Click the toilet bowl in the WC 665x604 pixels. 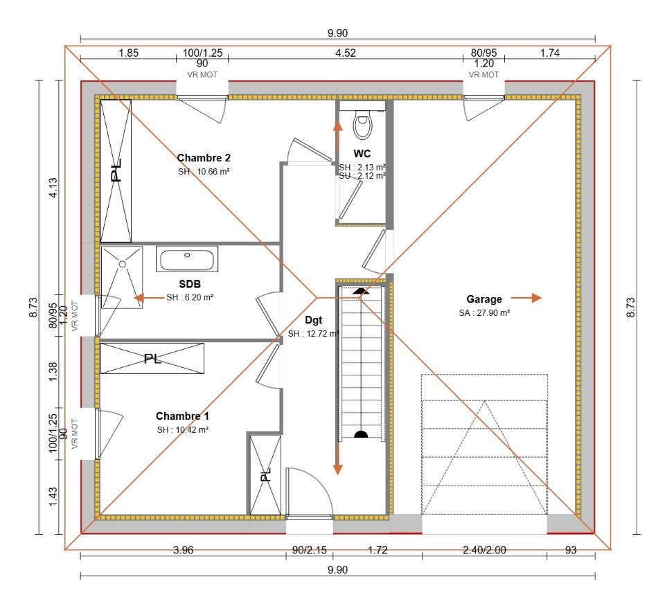[x=362, y=125]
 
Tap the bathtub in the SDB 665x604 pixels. [x=187, y=259]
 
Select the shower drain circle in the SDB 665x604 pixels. [x=122, y=264]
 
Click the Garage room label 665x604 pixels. [x=484, y=299]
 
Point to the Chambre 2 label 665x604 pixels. [x=204, y=158]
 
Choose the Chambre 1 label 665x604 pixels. [x=182, y=416]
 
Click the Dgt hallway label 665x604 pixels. [x=313, y=320]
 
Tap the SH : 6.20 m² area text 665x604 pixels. [x=190, y=297]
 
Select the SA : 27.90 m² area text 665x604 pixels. [x=484, y=313]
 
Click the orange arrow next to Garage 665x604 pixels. [x=526, y=298]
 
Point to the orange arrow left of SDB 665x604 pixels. [x=150, y=298]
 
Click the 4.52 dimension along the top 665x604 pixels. [x=345, y=53]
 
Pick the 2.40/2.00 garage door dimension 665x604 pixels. [x=484, y=550]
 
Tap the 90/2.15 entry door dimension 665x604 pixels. [x=309, y=550]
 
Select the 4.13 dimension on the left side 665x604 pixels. [x=53, y=188]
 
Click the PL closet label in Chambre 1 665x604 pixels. [x=152, y=359]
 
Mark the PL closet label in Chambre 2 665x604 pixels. [x=116, y=170]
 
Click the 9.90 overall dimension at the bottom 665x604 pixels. [x=337, y=569]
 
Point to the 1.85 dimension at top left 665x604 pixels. [x=129, y=53]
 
